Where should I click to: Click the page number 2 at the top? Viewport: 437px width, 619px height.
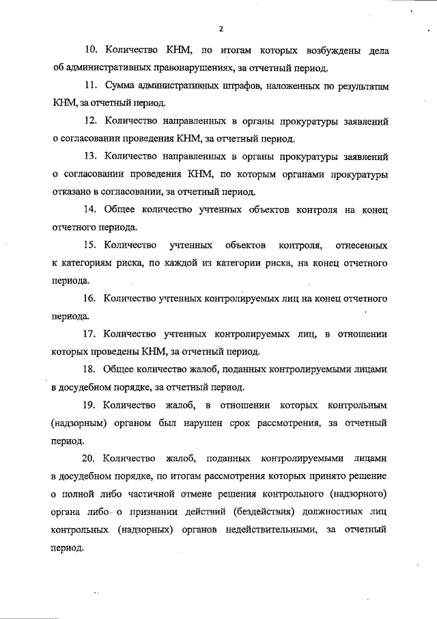(221, 28)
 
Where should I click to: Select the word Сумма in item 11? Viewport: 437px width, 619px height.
(123, 86)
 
